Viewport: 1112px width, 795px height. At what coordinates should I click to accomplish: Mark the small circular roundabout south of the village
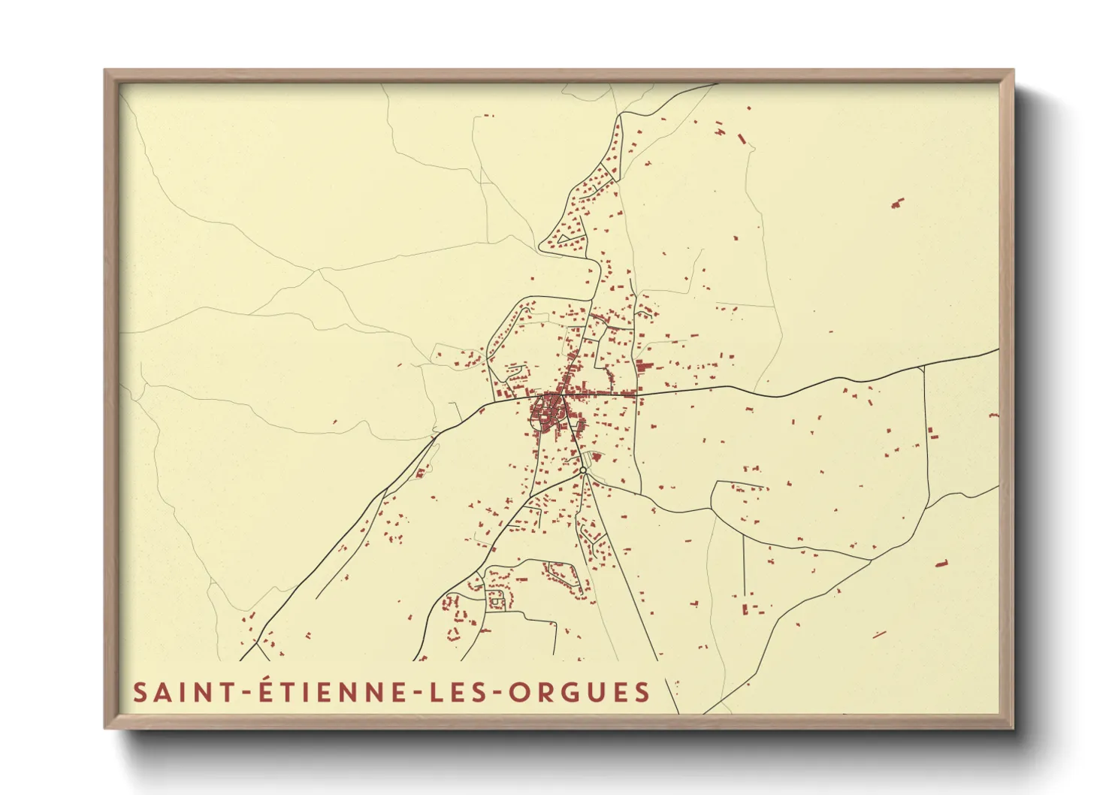pos(583,471)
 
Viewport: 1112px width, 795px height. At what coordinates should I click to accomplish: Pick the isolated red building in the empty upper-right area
pos(897,202)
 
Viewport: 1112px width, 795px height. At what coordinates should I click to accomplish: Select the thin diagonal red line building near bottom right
pos(879,634)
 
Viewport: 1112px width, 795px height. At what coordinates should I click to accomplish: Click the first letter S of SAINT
pos(140,692)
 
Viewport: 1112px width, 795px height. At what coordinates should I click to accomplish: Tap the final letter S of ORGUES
pos(642,692)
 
